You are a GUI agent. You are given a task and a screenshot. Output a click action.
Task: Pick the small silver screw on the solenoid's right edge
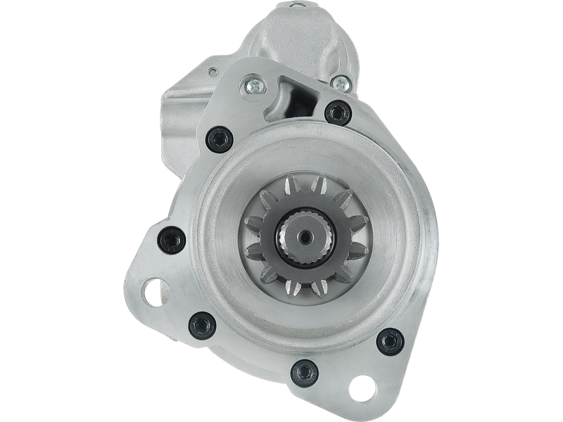(x=341, y=82)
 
